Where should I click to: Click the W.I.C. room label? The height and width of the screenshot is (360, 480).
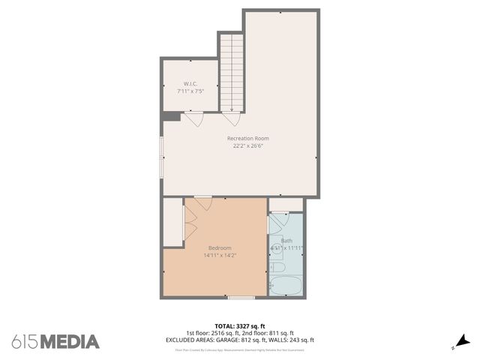coord(190,83)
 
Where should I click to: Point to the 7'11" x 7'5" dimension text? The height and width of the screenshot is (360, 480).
coord(190,91)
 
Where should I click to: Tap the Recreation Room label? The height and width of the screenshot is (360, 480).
coord(248,138)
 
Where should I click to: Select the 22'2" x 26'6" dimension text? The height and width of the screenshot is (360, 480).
coord(248,146)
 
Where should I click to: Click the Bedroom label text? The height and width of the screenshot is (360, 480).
coord(220,247)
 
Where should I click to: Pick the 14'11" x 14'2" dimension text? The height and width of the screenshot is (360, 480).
coord(220,256)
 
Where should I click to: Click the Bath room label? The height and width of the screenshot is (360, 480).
coord(286,241)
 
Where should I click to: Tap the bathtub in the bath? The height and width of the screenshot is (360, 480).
coord(286,286)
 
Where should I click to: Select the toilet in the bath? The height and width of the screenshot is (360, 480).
coord(276,266)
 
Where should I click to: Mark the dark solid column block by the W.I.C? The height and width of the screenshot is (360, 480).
coord(171,116)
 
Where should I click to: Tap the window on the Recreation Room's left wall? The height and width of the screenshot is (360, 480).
coord(161,157)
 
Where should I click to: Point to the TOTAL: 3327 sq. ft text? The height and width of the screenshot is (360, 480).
coord(240,326)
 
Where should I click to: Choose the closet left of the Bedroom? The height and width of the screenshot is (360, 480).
coord(173,222)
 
